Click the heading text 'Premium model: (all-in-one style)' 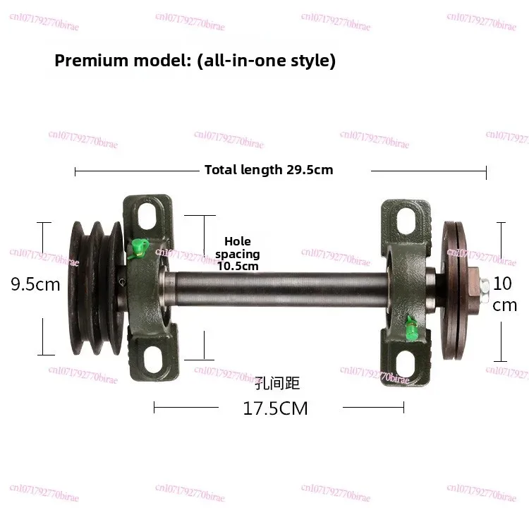coord(195,61)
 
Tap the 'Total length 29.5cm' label coord(268,170)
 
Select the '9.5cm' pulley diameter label coord(35,284)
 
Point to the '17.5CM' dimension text coord(275,408)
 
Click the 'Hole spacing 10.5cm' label coord(238,254)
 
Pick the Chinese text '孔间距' coord(277,384)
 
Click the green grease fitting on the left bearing coord(139,246)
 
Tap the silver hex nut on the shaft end coord(486,286)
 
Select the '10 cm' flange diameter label coord(504,294)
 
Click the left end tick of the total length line coord(75,170)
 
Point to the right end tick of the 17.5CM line coord(403,407)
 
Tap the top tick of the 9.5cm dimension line coord(44,224)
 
